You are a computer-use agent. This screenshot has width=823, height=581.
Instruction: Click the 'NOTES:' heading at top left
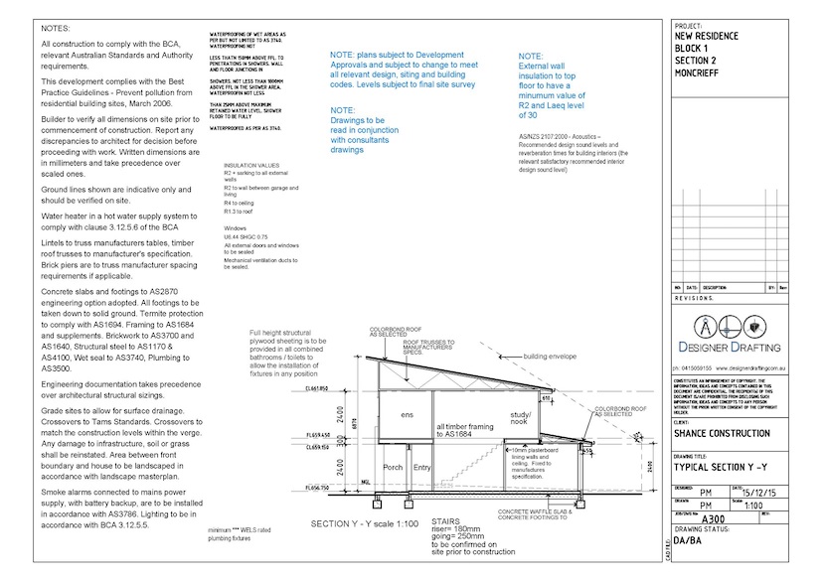pos(56,30)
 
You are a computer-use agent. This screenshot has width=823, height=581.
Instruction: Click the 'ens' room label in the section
pos(407,414)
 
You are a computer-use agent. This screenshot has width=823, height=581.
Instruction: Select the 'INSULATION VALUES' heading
pos(252,165)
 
